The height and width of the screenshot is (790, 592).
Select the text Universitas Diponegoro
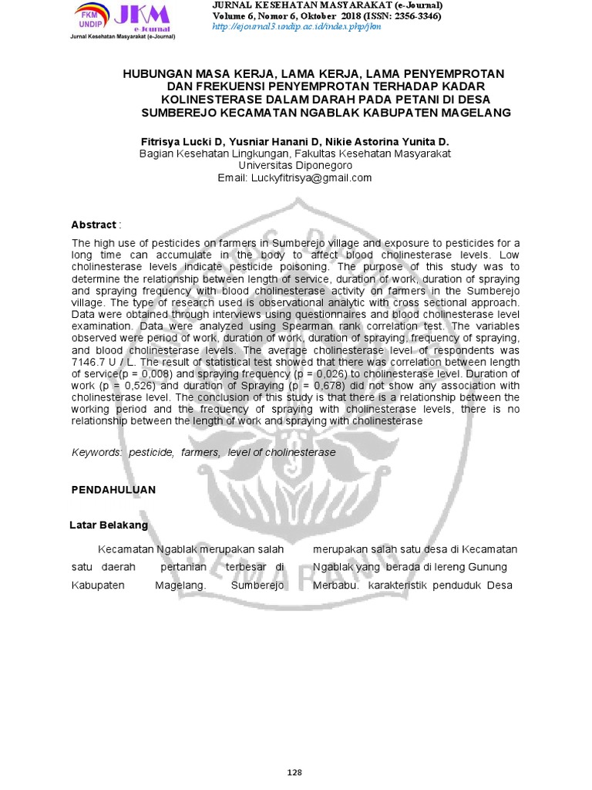click(295, 166)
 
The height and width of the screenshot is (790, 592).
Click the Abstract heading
click(93, 225)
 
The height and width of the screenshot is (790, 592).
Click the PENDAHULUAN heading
click(113, 490)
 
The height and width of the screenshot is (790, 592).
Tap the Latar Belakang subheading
click(109, 525)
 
